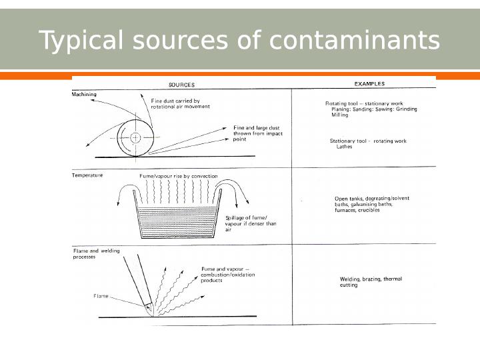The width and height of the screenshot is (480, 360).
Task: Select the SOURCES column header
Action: (x=181, y=85)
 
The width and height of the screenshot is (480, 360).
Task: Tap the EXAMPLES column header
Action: (x=369, y=84)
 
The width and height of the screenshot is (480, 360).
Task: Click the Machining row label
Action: (x=84, y=95)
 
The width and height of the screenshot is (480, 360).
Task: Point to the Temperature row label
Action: (x=87, y=175)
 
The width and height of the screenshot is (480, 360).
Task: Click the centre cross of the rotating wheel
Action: (x=135, y=138)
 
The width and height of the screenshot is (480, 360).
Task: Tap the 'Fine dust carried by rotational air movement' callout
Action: (x=175, y=104)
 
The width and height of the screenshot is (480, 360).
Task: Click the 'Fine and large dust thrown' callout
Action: (x=257, y=133)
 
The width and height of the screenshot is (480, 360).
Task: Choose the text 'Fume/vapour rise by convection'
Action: (x=178, y=176)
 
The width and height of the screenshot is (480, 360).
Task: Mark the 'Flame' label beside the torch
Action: (x=101, y=296)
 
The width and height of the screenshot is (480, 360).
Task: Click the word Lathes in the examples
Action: (x=344, y=147)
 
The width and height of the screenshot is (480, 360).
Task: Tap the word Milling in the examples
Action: (x=340, y=115)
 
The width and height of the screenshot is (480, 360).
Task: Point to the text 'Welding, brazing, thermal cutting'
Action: (x=366, y=282)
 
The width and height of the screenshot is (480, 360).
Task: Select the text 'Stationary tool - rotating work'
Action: (x=368, y=141)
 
